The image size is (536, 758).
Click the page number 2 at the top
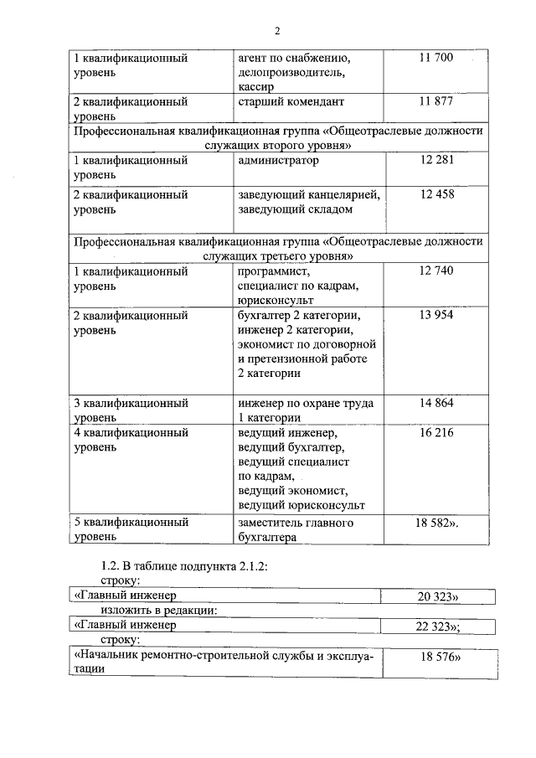coord(277,31)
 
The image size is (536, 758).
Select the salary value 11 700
coord(435,58)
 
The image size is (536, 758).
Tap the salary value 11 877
coord(435,101)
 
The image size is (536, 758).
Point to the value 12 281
coord(435,160)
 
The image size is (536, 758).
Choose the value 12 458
coord(435,194)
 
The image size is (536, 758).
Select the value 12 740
coord(435,271)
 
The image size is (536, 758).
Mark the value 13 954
coord(435,316)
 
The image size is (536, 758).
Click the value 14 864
coord(435,403)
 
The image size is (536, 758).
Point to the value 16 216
coord(435,433)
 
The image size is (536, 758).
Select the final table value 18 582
coord(437,522)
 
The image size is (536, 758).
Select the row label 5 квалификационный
coord(131,522)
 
